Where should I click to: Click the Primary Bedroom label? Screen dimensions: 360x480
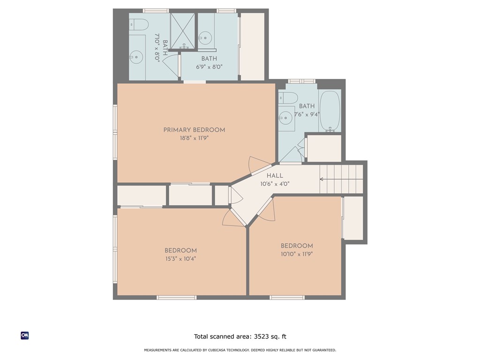[x=194, y=130]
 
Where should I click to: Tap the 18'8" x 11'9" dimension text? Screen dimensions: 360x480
[x=194, y=139]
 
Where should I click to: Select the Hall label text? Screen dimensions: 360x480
[x=275, y=175]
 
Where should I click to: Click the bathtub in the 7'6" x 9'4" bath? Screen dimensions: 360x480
[x=330, y=111]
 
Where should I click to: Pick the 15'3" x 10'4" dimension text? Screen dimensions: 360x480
[x=180, y=259]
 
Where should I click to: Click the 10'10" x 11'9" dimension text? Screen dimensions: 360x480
[x=297, y=254]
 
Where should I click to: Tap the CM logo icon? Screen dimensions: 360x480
[x=25, y=335]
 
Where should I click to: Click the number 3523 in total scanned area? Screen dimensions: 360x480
[x=263, y=337]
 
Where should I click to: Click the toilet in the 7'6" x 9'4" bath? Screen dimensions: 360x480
[x=288, y=97]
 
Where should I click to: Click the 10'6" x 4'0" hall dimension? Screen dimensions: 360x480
[x=275, y=184]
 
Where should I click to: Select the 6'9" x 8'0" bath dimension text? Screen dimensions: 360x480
[x=209, y=67]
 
